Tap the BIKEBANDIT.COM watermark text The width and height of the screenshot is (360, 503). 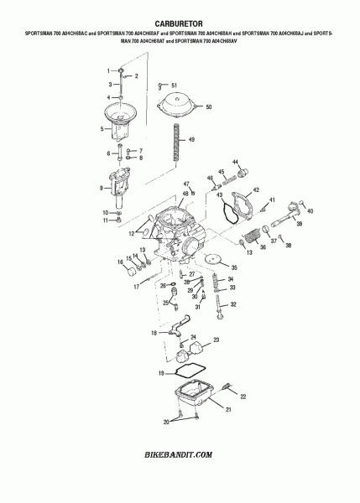(180, 454)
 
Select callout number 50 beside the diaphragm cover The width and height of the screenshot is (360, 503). (209, 107)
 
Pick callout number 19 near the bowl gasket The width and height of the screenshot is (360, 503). (160, 371)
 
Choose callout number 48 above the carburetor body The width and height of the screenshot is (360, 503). (185, 194)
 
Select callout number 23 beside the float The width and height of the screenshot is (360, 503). (216, 340)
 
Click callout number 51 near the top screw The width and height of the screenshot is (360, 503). (174, 86)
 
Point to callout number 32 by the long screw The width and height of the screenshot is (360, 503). (234, 304)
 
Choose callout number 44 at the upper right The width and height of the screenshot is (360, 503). (236, 161)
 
